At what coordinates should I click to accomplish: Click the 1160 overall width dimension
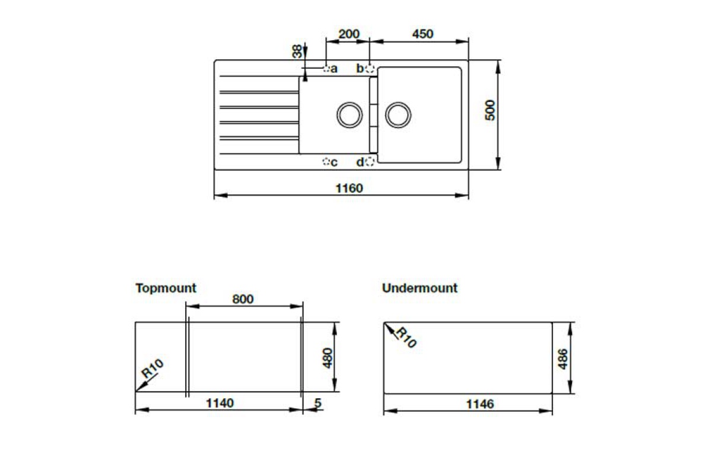(349, 188)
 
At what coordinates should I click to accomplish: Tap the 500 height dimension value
(490, 110)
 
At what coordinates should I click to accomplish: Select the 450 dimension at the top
(422, 34)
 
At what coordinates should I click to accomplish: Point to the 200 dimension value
(349, 34)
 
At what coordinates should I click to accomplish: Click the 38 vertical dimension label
(297, 51)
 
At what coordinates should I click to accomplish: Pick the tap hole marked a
(326, 68)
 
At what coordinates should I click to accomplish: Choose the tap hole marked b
(370, 68)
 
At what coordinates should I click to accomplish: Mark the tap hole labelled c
(326, 162)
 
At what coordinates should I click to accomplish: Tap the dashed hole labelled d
(370, 162)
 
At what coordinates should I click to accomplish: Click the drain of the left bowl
(349, 115)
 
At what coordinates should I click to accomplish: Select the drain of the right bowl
(398, 115)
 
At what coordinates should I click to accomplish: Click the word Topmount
(166, 289)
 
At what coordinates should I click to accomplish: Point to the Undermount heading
(419, 288)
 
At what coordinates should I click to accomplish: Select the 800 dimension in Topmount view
(243, 299)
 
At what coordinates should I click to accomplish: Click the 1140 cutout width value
(220, 403)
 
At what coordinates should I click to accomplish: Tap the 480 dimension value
(328, 358)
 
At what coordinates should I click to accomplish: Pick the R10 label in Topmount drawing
(152, 369)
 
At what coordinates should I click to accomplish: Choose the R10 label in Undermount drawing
(406, 337)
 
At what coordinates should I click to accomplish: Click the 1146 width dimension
(480, 404)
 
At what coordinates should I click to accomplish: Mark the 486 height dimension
(562, 359)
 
